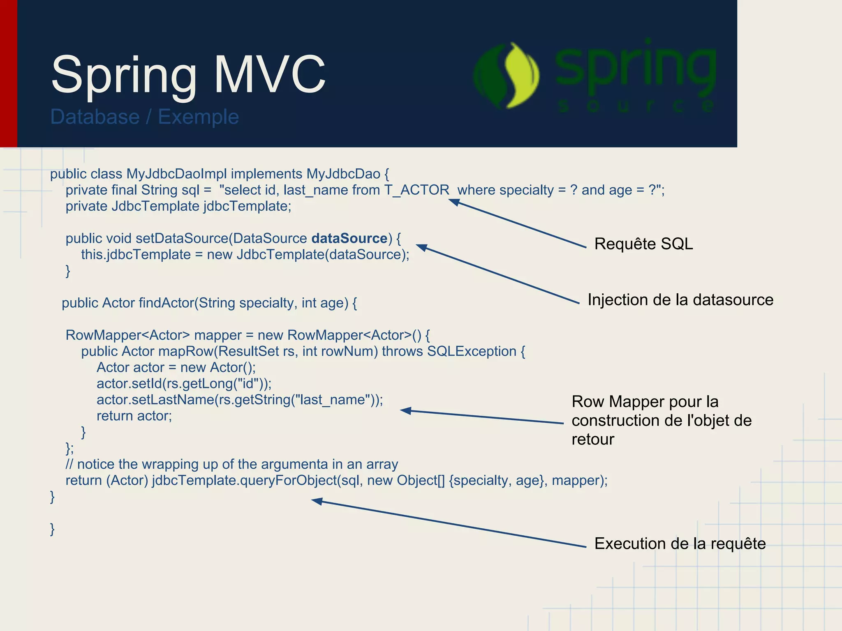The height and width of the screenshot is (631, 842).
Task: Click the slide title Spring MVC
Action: (x=188, y=75)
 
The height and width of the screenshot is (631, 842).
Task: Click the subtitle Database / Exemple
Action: (x=144, y=117)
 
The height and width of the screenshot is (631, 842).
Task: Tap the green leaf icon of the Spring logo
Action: (x=507, y=76)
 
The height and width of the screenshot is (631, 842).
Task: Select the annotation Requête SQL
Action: (x=643, y=244)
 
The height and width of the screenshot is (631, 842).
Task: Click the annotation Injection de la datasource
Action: (x=680, y=300)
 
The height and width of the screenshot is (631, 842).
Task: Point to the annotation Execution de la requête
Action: (x=680, y=544)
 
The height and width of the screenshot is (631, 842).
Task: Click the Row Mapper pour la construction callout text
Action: (x=661, y=420)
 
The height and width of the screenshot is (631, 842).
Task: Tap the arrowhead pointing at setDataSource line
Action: (x=421, y=247)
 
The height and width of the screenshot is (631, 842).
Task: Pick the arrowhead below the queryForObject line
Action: (x=317, y=501)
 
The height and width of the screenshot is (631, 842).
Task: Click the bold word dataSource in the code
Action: (x=349, y=239)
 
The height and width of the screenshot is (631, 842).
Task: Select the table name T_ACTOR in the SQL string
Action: (x=417, y=190)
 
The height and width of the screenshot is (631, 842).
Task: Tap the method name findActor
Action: (x=166, y=303)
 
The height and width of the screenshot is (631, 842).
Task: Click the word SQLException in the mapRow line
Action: (x=472, y=352)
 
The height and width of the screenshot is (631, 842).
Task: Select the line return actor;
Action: (x=134, y=416)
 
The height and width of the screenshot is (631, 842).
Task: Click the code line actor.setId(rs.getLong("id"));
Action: (x=184, y=384)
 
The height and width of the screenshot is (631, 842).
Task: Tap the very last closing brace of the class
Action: (x=52, y=529)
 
